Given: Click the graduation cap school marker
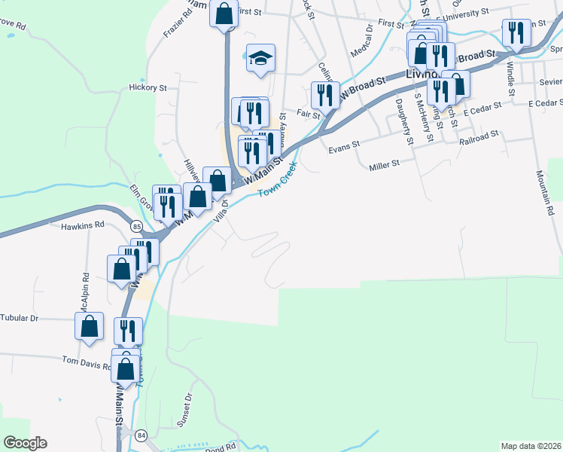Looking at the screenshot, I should pos(260,57).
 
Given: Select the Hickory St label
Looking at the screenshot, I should pos(148,87).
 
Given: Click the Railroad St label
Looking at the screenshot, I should pos(479,133).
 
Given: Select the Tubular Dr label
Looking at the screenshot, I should pos(19,318).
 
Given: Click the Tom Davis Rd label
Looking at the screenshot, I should pos(87,360).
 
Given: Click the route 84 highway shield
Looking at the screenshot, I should pos(141,435).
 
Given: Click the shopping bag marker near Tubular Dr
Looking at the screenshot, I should pos(89,327).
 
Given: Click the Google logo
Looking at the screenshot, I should pos(26,442).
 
